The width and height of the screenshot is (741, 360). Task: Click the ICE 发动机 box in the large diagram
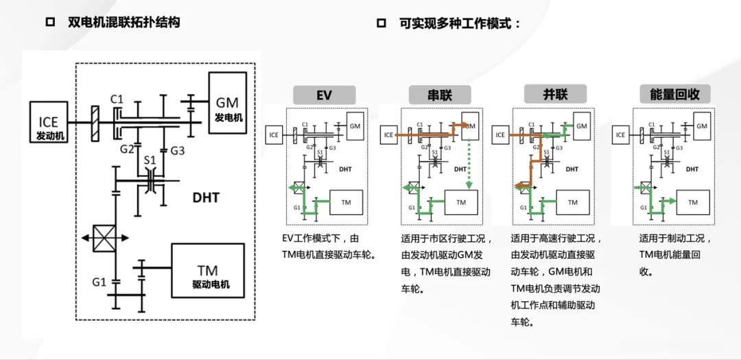(49, 123)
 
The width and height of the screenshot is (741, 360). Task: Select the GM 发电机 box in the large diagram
(226, 107)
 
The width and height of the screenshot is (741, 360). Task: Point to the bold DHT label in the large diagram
(205, 198)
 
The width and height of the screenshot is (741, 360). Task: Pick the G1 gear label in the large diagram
(99, 281)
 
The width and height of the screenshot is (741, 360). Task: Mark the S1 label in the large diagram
(150, 160)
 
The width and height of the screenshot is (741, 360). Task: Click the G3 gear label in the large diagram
(178, 149)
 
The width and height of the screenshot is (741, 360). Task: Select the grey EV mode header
(324, 95)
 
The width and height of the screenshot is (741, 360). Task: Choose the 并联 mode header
(545, 94)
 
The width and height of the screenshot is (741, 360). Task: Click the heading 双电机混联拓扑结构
(124, 22)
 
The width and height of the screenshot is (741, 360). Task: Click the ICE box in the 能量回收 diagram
(620, 135)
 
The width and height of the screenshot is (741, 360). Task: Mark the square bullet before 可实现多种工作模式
(381, 23)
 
